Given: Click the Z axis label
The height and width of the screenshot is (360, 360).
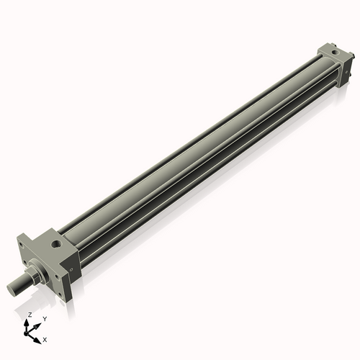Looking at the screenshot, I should point(30,315).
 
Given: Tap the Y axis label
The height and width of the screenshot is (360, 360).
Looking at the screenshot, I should point(45,318).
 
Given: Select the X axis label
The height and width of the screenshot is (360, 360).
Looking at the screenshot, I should point(45,338).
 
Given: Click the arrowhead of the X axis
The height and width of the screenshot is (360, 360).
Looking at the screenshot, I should point(39,336).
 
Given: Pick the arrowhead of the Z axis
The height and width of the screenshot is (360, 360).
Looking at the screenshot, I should point(29,322).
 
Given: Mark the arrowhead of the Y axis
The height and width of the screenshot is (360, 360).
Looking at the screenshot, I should point(38,323).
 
